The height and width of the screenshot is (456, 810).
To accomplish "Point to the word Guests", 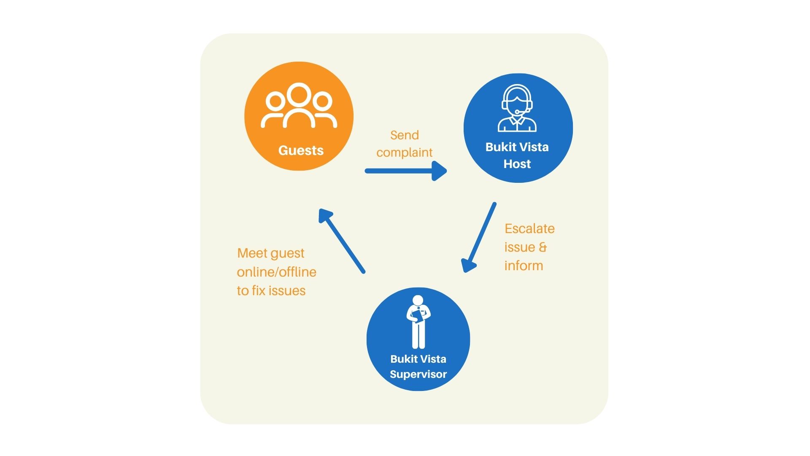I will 301,150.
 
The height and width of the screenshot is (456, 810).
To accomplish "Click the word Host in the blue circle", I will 517,164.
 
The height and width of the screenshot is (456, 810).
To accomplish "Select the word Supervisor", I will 418,374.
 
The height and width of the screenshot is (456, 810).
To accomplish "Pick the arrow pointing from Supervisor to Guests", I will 342,241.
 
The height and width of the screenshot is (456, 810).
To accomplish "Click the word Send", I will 404,135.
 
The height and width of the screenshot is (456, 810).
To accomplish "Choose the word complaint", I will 404,152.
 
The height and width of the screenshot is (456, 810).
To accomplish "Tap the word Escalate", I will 529,228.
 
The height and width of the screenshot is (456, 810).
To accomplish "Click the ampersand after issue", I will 543,247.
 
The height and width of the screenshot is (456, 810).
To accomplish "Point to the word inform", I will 524,266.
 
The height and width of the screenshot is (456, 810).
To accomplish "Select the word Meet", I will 252,253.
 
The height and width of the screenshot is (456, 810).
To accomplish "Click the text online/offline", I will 276,272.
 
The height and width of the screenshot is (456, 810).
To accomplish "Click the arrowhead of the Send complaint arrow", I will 440,171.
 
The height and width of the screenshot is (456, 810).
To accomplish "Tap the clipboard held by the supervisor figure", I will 417,316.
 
